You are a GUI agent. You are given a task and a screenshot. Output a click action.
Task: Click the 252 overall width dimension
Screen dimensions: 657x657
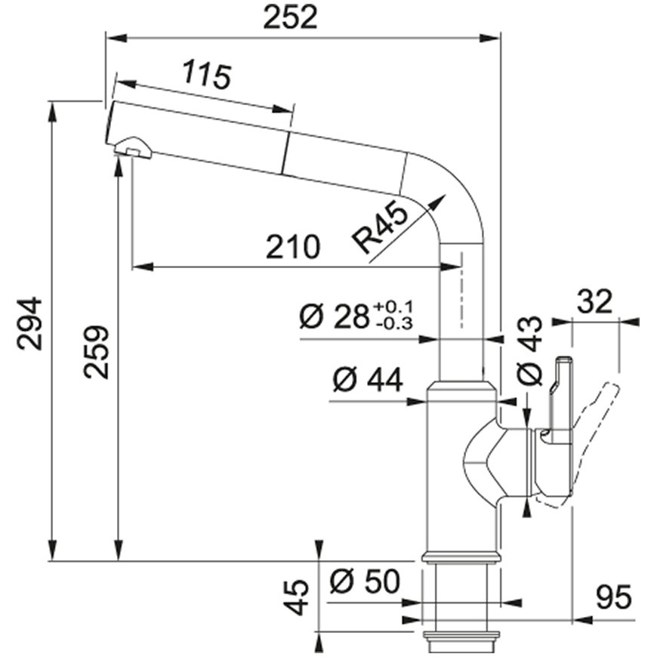coord(290,18)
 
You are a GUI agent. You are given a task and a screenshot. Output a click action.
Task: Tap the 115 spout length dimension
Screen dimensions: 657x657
coord(207,75)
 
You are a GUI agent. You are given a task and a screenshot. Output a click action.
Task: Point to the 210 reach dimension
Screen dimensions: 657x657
coord(293,247)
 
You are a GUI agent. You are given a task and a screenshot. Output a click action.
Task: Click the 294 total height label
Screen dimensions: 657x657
coord(29,323)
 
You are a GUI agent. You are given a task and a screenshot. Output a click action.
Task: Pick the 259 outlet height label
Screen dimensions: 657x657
coord(96,353)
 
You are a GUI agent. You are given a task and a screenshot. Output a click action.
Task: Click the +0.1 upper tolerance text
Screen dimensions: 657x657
coord(393,307)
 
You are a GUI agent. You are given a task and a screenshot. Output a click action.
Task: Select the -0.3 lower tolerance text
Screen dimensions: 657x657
coord(394,323)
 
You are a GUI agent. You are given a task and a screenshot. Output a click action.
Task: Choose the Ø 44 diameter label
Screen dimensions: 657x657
coord(368,380)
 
